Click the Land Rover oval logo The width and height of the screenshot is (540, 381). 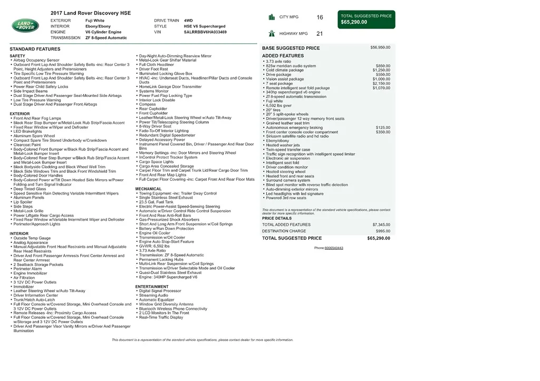coord(25,25)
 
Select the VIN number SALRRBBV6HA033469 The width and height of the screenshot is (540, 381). coord(205,32)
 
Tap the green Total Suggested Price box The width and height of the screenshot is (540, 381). coord(367,19)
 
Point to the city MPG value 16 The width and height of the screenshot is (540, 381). coord(320,17)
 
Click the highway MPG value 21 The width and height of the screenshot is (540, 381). coord(320,34)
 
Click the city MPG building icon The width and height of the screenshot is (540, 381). coord(272,17)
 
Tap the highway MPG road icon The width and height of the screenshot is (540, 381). coord(272,33)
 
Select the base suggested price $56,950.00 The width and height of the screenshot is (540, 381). coord(380,47)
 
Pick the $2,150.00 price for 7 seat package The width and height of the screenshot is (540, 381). coord(381,83)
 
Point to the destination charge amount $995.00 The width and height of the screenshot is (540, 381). coord(383,231)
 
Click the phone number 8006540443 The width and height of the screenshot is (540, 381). coord(334,248)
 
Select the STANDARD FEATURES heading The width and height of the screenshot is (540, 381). coord(35,49)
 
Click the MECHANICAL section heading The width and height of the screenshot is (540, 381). coord(148,189)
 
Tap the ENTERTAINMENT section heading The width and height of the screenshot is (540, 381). coord(152,287)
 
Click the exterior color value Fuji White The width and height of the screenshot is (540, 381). coord(95,21)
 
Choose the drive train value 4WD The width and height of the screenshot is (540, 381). coord(188,21)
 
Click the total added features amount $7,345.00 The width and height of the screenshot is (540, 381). coord(381,224)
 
